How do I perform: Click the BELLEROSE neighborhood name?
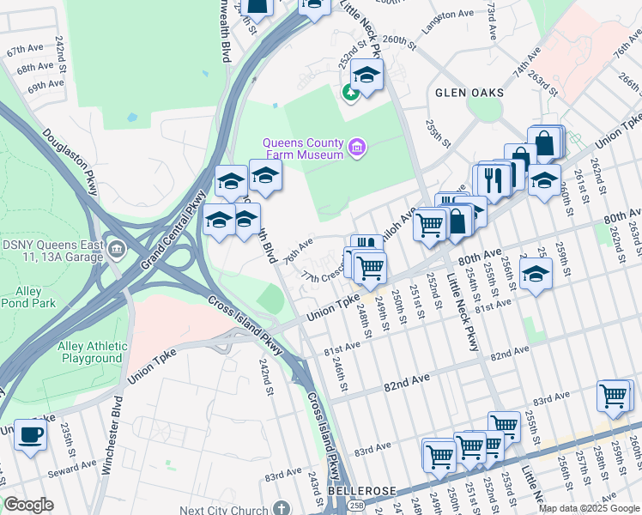coord(362,490)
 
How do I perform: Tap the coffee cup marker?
coord(31,434)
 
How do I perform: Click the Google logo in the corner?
coord(29,505)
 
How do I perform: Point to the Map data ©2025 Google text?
coord(589,508)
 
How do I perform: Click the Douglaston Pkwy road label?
coord(70,161)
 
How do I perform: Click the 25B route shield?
coord(356,506)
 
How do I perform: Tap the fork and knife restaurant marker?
coord(493,179)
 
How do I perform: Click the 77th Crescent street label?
coord(323,276)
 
